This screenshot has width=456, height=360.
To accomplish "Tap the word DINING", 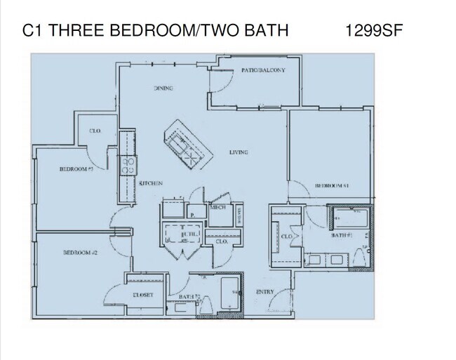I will (163, 88).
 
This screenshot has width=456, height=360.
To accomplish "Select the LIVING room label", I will (239, 152).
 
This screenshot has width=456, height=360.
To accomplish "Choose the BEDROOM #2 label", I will (80, 253).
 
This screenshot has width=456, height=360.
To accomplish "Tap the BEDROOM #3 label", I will (76, 169).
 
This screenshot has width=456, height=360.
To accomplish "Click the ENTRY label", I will (265, 292).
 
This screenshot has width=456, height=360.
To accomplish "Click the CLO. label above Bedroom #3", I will (95, 131).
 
